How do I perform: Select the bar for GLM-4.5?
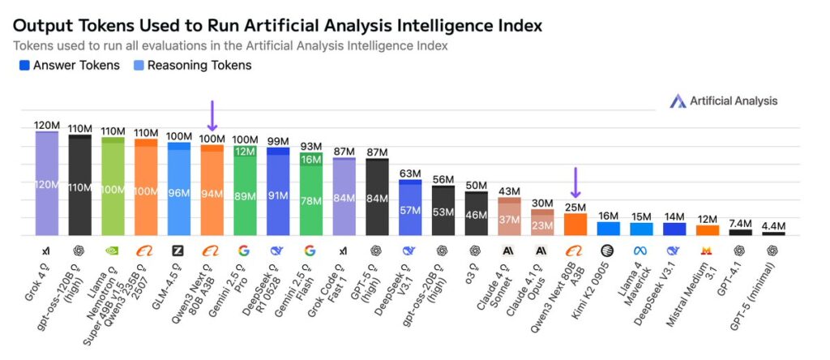click(x=178, y=190)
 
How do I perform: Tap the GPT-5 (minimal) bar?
click(x=773, y=234)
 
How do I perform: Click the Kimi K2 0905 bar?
click(x=609, y=229)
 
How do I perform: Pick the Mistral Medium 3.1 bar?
click(x=708, y=229)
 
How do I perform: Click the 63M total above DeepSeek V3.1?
click(x=410, y=173)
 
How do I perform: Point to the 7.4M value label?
click(x=741, y=223)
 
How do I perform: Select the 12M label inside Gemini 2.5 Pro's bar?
click(x=245, y=152)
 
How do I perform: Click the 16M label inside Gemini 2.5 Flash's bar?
click(x=310, y=160)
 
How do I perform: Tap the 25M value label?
click(x=575, y=207)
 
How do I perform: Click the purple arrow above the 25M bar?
click(x=575, y=183)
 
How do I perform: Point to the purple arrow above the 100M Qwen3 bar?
click(x=212, y=116)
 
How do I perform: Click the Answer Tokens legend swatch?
click(x=24, y=66)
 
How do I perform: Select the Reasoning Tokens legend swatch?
click(x=139, y=66)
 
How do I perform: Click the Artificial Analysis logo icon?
click(x=678, y=101)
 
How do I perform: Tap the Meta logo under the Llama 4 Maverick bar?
click(x=641, y=251)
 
